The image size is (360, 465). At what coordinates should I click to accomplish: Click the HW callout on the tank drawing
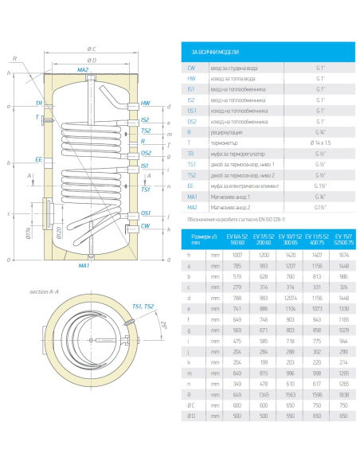[145, 104]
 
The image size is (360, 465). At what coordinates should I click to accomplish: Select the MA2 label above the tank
[83, 70]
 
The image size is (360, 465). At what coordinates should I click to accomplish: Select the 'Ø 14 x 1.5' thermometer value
[319, 144]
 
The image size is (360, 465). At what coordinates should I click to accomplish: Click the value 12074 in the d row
[292, 296]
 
